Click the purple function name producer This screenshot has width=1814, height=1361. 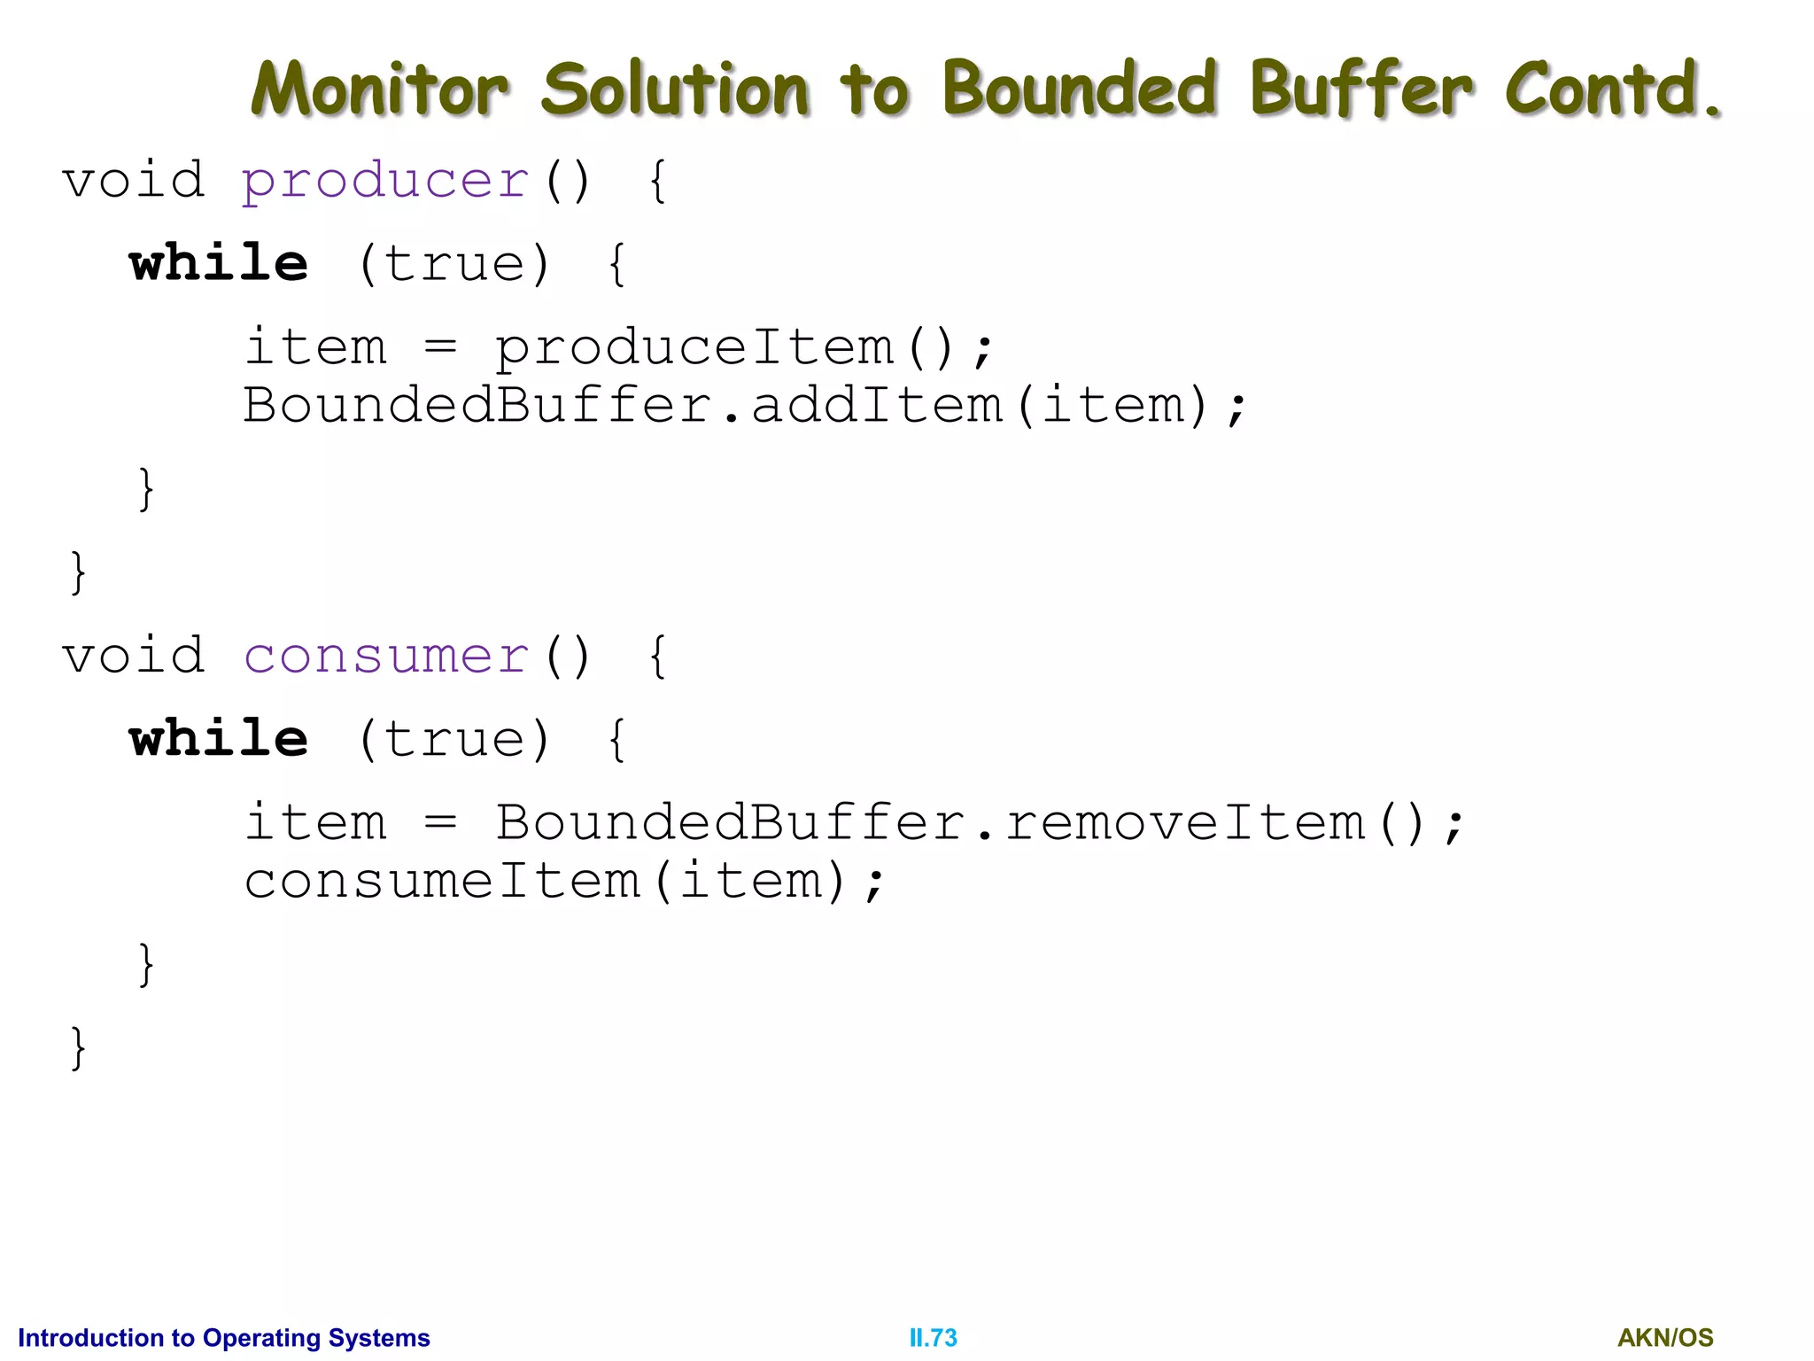tap(386, 182)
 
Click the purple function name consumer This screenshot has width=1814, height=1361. tap(386, 657)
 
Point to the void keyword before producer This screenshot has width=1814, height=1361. tap(134, 181)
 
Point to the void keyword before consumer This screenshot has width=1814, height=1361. tap(134, 657)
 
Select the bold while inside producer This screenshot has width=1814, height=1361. tap(219, 264)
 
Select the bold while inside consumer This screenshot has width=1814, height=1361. tap(219, 739)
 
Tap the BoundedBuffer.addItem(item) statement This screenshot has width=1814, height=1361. tap(744, 406)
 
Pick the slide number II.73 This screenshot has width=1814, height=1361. tap(933, 1338)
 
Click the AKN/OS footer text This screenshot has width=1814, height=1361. tap(1665, 1338)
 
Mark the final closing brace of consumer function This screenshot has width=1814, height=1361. tap(78, 1047)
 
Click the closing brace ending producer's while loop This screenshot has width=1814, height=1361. tap(147, 489)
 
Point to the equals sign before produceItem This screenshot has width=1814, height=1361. tap(440, 346)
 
